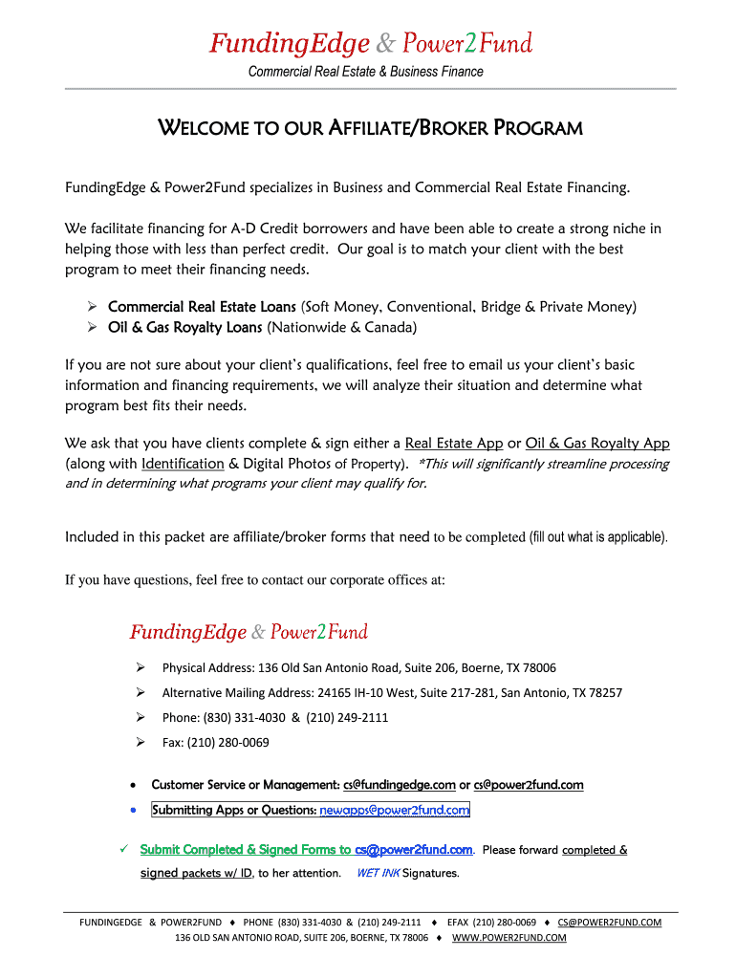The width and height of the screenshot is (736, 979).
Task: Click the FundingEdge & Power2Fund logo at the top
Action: (371, 44)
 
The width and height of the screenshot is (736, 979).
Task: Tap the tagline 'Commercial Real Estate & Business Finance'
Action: (366, 72)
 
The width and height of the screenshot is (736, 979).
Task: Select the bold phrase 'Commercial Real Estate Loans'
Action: (202, 307)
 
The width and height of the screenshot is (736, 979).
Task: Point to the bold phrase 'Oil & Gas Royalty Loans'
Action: (185, 328)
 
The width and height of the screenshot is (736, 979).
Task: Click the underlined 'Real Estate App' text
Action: (454, 444)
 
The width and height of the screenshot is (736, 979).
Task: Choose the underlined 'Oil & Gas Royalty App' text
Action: (597, 444)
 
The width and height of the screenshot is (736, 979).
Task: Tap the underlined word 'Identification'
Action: (183, 464)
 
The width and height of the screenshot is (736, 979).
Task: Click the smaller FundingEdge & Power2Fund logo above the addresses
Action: (249, 632)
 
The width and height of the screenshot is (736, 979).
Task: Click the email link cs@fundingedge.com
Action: (399, 785)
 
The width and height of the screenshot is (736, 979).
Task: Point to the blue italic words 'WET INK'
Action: (378, 873)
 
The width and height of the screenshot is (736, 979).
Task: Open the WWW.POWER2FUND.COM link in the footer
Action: (509, 938)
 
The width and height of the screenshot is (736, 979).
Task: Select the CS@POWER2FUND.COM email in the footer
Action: (610, 923)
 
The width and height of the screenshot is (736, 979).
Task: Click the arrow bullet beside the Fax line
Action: (140, 742)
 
